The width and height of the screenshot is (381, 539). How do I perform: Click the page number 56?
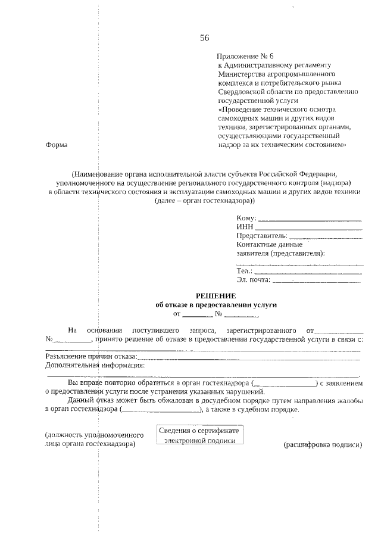204,38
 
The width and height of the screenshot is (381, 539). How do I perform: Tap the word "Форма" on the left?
56,145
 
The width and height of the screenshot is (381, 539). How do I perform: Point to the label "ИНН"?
245,227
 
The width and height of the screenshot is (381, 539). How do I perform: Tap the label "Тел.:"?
245,271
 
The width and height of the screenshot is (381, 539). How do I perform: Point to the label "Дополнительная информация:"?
95,365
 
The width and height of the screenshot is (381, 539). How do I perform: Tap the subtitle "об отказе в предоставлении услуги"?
216,304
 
